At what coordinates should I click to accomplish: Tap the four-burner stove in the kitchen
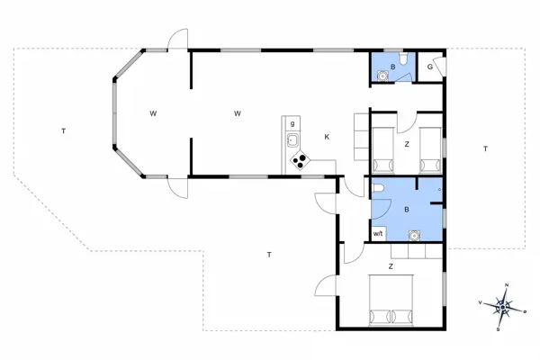pyautogui.click(x=299, y=162)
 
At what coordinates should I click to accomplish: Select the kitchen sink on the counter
pyautogui.click(x=292, y=139)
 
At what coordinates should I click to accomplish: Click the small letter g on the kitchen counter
pyautogui.click(x=292, y=122)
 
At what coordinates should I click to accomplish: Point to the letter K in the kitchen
pyautogui.click(x=327, y=137)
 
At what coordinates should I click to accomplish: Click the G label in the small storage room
pyautogui.click(x=431, y=67)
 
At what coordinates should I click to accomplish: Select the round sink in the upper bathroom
pyautogui.click(x=383, y=76)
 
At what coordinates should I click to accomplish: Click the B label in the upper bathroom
pyautogui.click(x=392, y=67)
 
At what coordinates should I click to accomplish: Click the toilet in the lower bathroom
pyautogui.click(x=380, y=187)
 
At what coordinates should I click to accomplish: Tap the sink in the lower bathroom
pyautogui.click(x=414, y=236)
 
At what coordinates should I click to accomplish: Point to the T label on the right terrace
pyautogui.click(x=484, y=148)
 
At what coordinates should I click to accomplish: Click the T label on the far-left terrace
pyautogui.click(x=63, y=132)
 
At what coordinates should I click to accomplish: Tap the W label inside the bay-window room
pyautogui.click(x=154, y=113)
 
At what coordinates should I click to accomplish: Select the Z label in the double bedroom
pyautogui.click(x=391, y=266)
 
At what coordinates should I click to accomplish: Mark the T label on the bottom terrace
pyautogui.click(x=269, y=256)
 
